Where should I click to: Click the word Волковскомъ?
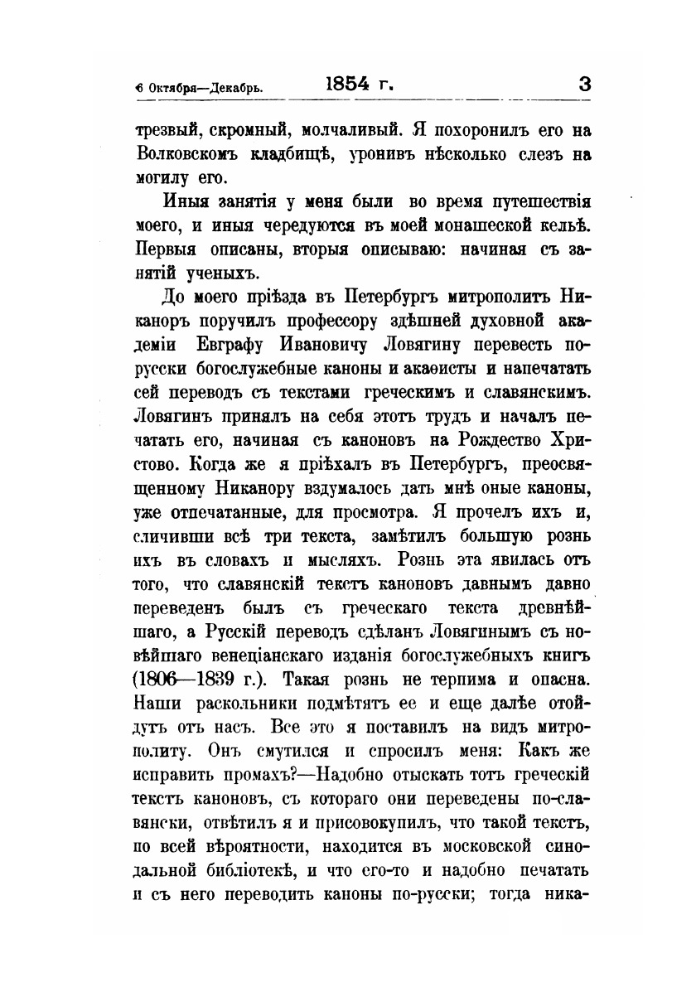[x=188, y=154]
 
